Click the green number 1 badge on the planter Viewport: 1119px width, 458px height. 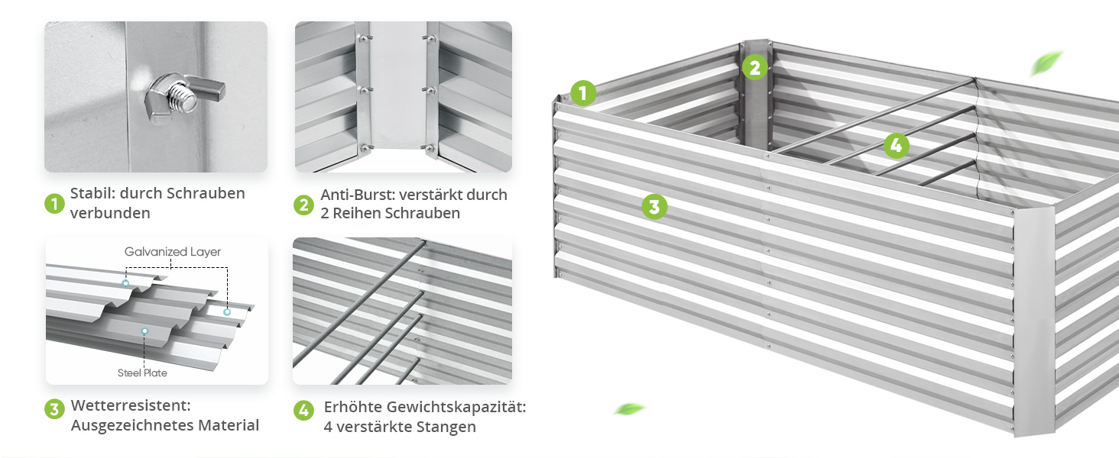click(583, 93)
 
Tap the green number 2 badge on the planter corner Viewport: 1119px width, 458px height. click(755, 67)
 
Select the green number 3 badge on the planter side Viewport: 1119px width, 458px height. click(654, 206)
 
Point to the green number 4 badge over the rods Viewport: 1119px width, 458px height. click(897, 145)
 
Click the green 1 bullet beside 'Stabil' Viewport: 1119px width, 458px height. click(54, 204)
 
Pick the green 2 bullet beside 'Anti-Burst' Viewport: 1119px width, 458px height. click(303, 205)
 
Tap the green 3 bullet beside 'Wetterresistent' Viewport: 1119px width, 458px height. click(54, 409)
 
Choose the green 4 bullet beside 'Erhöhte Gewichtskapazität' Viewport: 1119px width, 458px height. click(303, 411)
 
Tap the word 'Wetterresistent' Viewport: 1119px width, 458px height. click(131, 405)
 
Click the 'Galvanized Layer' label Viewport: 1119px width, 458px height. click(173, 252)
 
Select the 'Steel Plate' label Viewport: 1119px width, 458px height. click(142, 373)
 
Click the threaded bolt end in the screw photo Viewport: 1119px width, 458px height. click(182, 97)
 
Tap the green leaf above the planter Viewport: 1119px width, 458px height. click(1046, 63)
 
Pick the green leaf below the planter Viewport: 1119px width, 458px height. click(630, 409)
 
